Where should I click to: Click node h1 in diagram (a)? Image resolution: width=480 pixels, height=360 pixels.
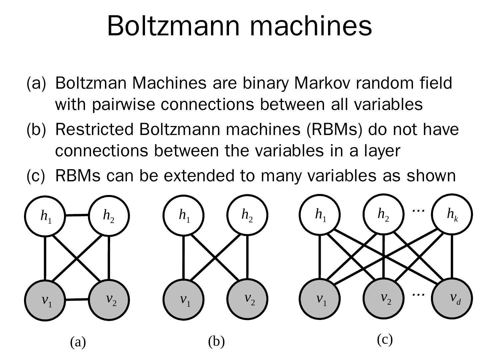45,216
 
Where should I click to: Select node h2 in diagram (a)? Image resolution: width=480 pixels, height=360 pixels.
109,216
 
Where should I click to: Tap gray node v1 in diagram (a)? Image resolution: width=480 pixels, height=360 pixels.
45,300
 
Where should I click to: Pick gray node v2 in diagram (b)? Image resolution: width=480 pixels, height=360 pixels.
247,299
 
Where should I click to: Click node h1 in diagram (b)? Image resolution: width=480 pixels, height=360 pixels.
184,215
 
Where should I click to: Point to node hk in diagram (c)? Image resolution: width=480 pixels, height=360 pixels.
452,214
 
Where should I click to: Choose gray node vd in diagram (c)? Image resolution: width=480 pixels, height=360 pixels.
452,298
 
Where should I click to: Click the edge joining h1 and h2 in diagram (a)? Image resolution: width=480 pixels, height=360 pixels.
77,215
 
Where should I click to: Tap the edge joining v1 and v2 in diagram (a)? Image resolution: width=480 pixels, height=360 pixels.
77,300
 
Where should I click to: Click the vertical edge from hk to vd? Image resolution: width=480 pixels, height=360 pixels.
452,256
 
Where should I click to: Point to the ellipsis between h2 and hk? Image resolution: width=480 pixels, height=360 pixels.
418,210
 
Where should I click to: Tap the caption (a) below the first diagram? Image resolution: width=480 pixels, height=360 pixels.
78,342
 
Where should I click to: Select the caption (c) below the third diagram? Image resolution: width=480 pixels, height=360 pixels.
385,340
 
